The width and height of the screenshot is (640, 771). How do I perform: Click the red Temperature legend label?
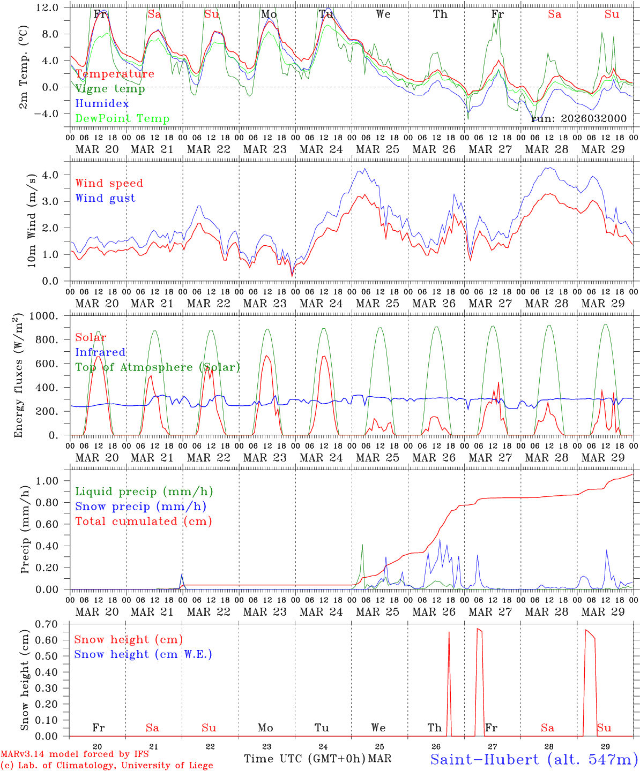pos(115,74)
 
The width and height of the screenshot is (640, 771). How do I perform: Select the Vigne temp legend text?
pos(110,89)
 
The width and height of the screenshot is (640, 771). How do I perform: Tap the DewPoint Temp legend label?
pos(122,119)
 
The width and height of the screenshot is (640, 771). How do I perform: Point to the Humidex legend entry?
pos(102,104)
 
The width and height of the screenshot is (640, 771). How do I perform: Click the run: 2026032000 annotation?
pos(579,119)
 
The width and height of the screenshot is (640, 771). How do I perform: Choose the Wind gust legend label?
pos(105,198)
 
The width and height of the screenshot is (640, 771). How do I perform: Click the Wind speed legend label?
pos(109,183)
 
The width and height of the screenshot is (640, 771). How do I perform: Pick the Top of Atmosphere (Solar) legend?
pos(158,367)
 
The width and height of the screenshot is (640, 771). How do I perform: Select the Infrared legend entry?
pos(100,352)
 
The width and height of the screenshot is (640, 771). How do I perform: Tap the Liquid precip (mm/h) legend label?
pos(144,492)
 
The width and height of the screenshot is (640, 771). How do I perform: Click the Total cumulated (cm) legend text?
pos(143,521)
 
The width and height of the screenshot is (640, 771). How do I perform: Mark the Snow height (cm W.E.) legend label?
pos(143,654)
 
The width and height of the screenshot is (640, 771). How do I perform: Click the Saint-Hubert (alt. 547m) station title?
pos(534,759)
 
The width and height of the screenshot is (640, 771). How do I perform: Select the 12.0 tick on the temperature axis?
pos(48,7)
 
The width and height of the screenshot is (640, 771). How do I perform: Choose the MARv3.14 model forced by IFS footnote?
pos(75,754)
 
